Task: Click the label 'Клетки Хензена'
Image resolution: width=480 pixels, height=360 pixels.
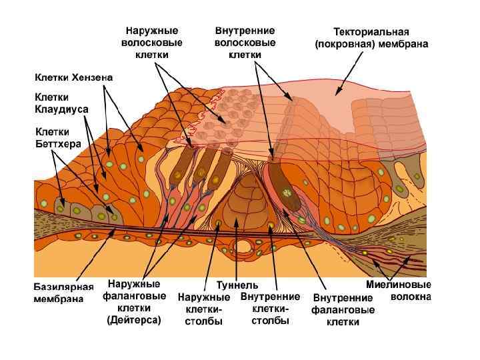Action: pyautogui.click(x=73, y=77)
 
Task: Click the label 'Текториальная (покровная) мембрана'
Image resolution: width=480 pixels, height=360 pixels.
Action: pyautogui.click(x=371, y=38)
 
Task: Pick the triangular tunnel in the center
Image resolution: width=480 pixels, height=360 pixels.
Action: pyautogui.click(x=239, y=203)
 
